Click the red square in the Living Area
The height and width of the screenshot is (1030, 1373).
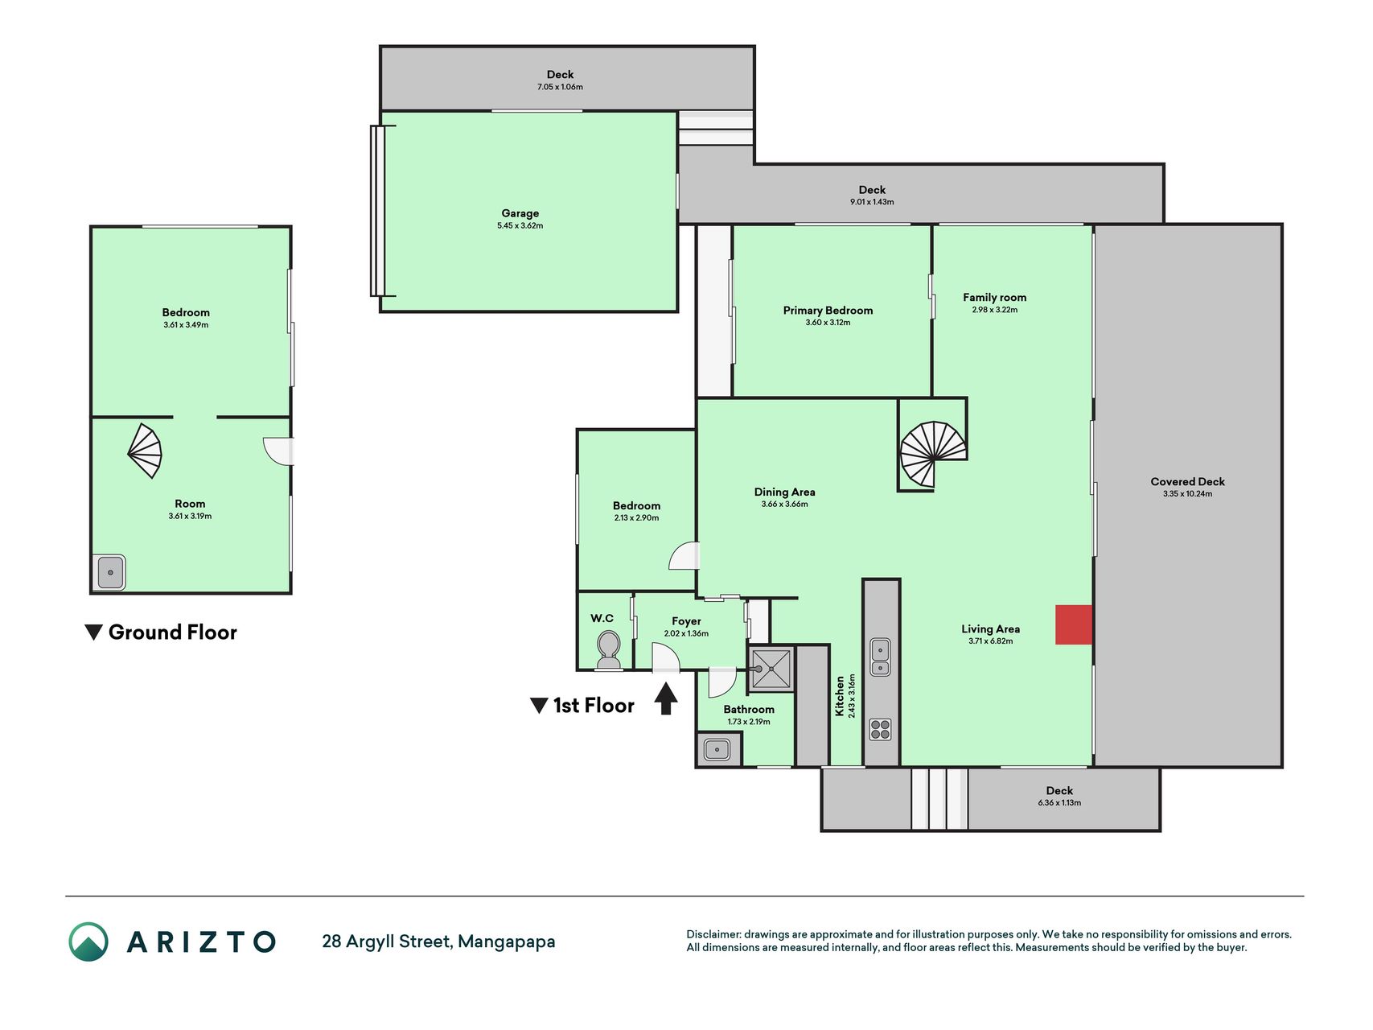(x=1074, y=624)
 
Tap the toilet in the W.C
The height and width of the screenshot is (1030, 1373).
(x=608, y=649)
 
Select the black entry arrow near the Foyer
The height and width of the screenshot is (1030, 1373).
(x=665, y=698)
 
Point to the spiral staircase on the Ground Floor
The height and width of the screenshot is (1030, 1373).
(x=146, y=451)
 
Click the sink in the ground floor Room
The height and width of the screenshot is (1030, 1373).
(x=110, y=573)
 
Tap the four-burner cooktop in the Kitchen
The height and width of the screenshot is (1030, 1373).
(x=881, y=729)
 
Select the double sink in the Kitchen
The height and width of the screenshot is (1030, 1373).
(x=881, y=657)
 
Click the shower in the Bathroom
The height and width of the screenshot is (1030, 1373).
(x=771, y=669)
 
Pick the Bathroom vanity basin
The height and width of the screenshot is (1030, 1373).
(x=717, y=750)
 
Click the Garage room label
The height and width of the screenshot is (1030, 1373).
(x=520, y=213)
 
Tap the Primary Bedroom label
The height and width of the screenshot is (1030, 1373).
(x=828, y=311)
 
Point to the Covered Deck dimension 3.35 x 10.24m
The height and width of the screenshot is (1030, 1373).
(x=1187, y=494)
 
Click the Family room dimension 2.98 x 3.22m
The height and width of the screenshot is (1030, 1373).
(x=994, y=310)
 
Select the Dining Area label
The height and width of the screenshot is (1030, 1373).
(x=784, y=492)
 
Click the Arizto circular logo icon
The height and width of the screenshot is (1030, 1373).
(x=88, y=941)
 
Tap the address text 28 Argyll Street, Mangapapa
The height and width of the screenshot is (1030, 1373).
(x=438, y=941)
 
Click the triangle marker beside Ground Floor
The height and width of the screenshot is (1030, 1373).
(x=93, y=632)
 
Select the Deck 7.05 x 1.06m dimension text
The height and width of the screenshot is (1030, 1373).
(x=560, y=87)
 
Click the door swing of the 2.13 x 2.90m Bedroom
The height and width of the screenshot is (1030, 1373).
(x=683, y=556)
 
